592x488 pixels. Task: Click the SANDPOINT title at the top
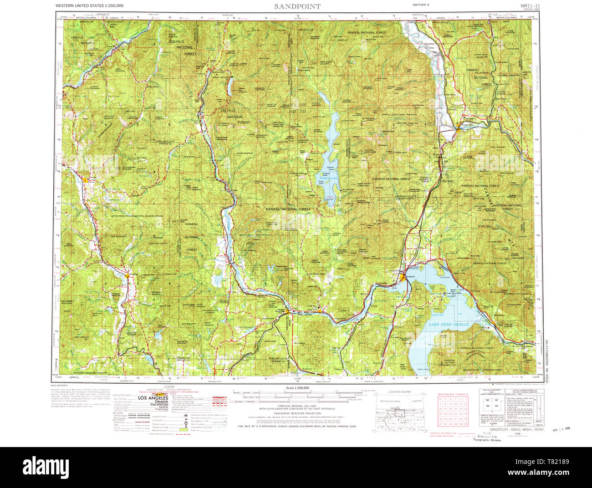coord(297,6)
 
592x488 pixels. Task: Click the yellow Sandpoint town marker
coord(402,276)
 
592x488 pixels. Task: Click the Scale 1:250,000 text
coord(297,387)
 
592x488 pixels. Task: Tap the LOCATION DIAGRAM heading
coord(399,391)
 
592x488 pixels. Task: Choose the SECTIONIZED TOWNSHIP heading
coord(454,394)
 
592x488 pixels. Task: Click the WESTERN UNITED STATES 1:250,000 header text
coord(89,5)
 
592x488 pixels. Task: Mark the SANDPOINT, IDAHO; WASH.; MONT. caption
coord(510,430)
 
